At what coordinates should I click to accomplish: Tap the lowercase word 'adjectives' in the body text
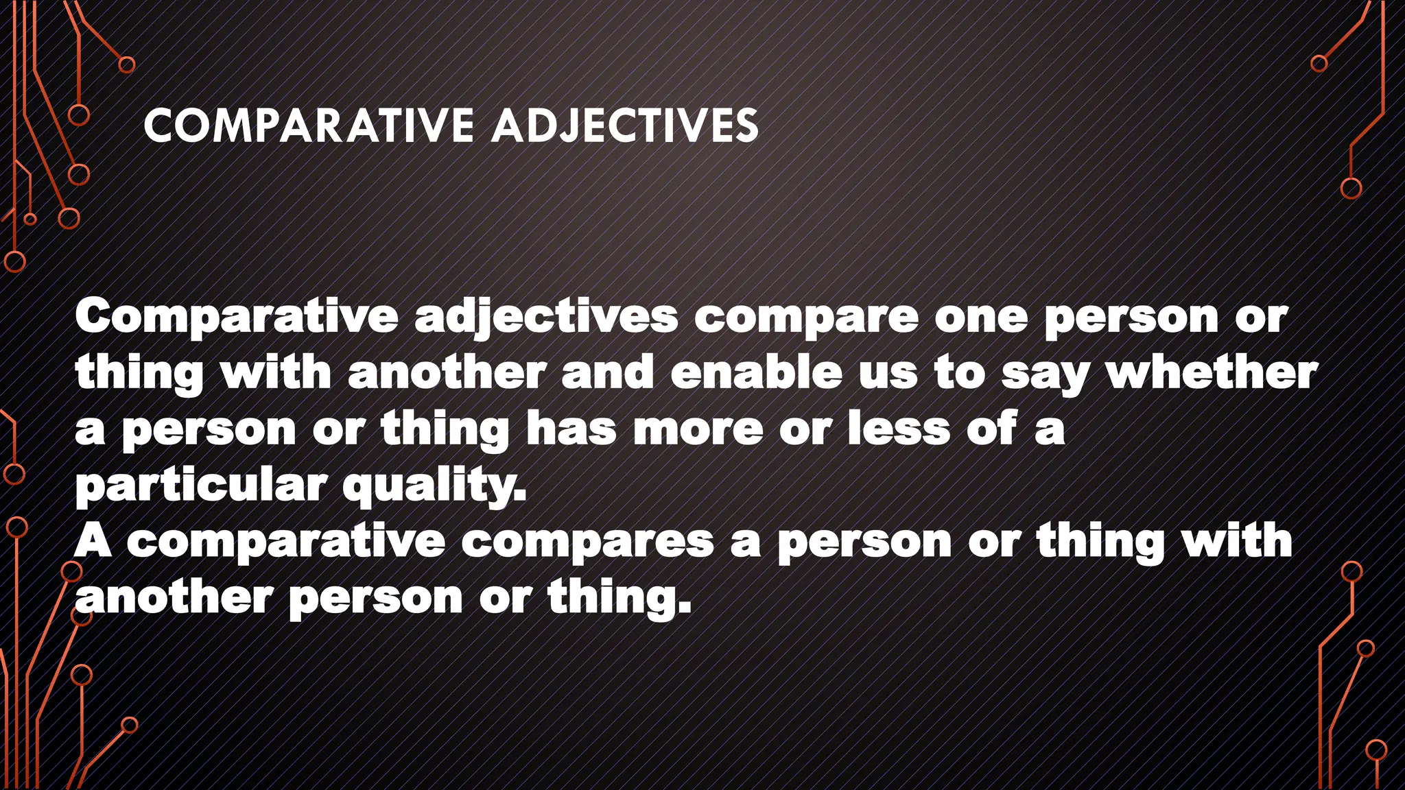tap(546, 318)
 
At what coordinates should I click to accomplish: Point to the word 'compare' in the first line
tap(806, 318)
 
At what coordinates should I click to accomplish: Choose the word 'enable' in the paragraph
tap(756, 373)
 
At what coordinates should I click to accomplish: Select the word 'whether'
tap(1212, 373)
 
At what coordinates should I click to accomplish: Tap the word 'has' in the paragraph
tap(571, 429)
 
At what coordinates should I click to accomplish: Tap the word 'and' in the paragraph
tap(607, 373)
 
